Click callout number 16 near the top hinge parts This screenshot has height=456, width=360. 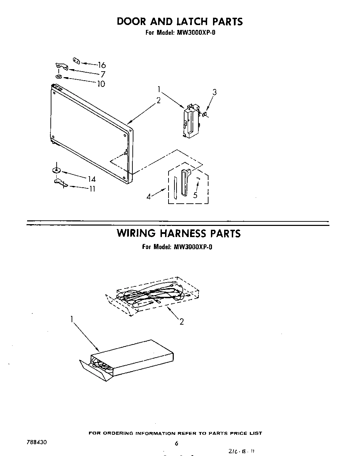101,65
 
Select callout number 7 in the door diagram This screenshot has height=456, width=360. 103,74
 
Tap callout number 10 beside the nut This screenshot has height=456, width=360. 101,84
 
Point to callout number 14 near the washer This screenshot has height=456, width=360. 91,179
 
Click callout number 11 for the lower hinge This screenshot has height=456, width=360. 92,189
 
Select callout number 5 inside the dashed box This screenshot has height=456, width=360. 195,195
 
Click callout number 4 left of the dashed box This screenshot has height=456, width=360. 149,196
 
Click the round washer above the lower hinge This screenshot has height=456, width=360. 56,170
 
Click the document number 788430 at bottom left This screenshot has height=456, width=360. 36,442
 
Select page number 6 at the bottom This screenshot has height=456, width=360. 177,443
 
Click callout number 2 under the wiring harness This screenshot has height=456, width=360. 181,321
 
